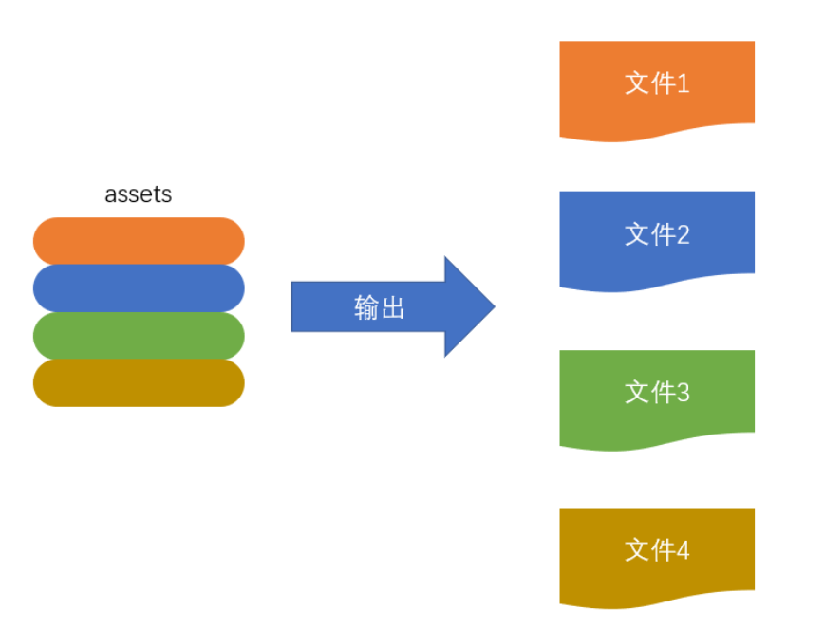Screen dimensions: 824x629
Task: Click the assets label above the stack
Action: pos(139,194)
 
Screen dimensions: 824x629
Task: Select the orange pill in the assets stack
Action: pos(139,241)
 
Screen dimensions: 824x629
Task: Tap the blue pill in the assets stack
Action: pos(139,288)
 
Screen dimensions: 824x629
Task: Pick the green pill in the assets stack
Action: pos(139,336)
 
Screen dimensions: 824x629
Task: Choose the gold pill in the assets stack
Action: pos(139,382)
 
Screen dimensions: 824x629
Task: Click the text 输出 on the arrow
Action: pos(379,307)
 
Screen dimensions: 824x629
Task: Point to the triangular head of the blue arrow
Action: pos(469,306)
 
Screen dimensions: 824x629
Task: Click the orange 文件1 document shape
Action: pos(657,90)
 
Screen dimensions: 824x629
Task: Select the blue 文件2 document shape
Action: pos(657,240)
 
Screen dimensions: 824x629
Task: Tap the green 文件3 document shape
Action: pos(657,399)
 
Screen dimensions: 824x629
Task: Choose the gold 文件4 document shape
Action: pos(657,557)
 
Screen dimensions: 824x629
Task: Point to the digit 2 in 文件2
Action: pos(683,234)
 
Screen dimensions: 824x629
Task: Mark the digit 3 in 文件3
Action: pos(683,393)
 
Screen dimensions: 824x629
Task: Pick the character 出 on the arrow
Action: pos(393,307)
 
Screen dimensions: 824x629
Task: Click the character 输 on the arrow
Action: pos(366,307)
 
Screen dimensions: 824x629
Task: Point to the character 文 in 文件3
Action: pos(637,393)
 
